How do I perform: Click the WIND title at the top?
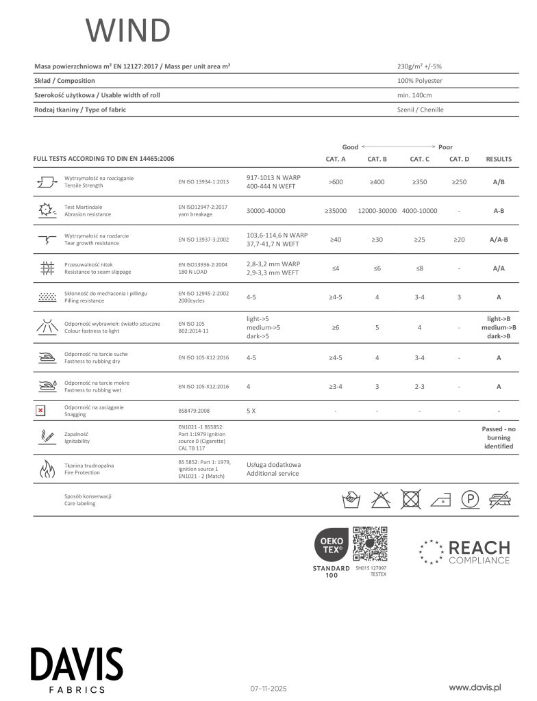pos(127,31)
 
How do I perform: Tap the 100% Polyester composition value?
pos(419,81)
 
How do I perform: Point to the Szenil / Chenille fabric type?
pos(421,110)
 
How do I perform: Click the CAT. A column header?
pos(335,159)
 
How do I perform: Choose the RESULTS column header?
pos(499,159)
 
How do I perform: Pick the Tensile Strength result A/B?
pos(499,182)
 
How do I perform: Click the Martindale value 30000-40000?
pos(266,211)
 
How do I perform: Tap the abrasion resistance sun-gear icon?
pos(47,211)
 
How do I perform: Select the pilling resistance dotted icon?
pos(47,297)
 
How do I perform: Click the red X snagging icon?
pos(40,411)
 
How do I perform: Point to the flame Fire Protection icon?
pos(47,469)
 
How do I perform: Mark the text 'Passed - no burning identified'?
pos(499,437)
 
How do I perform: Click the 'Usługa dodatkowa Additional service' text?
pos(273,469)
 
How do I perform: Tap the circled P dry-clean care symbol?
pos(469,499)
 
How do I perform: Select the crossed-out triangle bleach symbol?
pos(380,499)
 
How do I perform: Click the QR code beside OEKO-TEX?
pos(370,544)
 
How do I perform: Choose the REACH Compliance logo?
pos(465,552)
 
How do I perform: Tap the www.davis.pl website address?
pos(476,687)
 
